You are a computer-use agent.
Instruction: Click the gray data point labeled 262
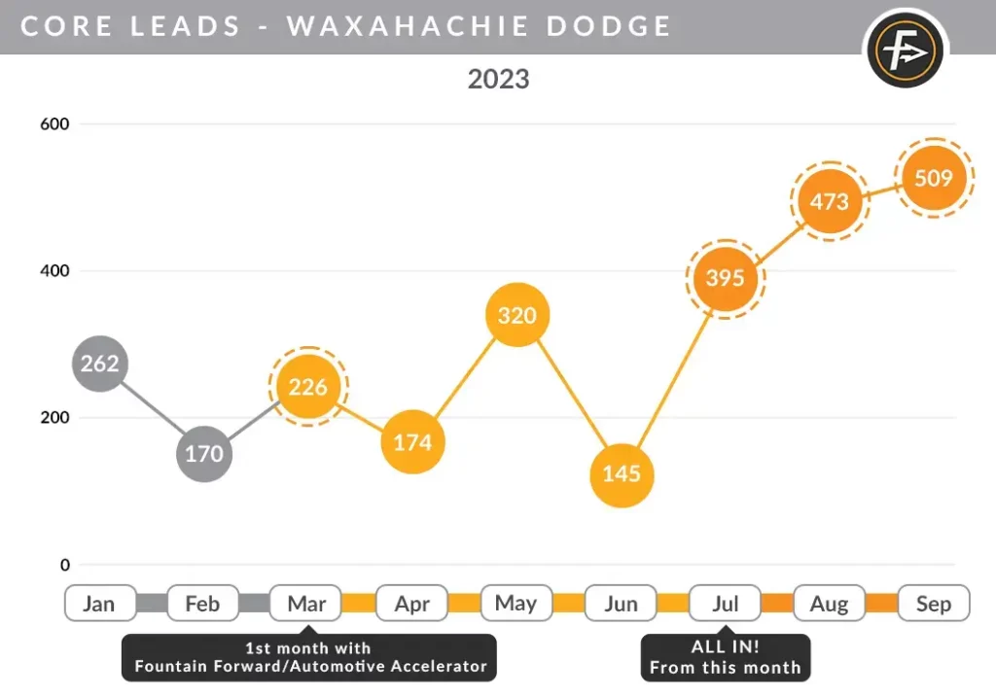click(100, 364)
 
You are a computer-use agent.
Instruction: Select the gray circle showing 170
click(204, 453)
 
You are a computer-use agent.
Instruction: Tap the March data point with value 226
click(308, 387)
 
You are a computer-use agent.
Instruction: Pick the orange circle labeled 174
click(412, 442)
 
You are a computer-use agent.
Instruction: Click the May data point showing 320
click(517, 316)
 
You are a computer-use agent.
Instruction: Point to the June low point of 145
click(622, 474)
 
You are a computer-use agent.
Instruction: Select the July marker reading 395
click(726, 279)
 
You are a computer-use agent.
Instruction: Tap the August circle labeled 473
click(830, 202)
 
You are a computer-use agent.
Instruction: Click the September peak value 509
click(935, 178)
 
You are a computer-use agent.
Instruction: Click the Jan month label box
click(99, 604)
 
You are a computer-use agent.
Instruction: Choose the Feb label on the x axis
click(203, 604)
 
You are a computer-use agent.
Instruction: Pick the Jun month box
click(621, 604)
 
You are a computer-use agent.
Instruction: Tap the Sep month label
click(934, 604)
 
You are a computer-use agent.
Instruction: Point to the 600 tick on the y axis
click(54, 124)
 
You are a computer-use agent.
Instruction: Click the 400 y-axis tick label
click(54, 270)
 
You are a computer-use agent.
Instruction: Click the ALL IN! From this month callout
click(725, 657)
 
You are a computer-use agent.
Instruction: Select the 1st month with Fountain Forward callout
click(309, 657)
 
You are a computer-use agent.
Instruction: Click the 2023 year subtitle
click(498, 79)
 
